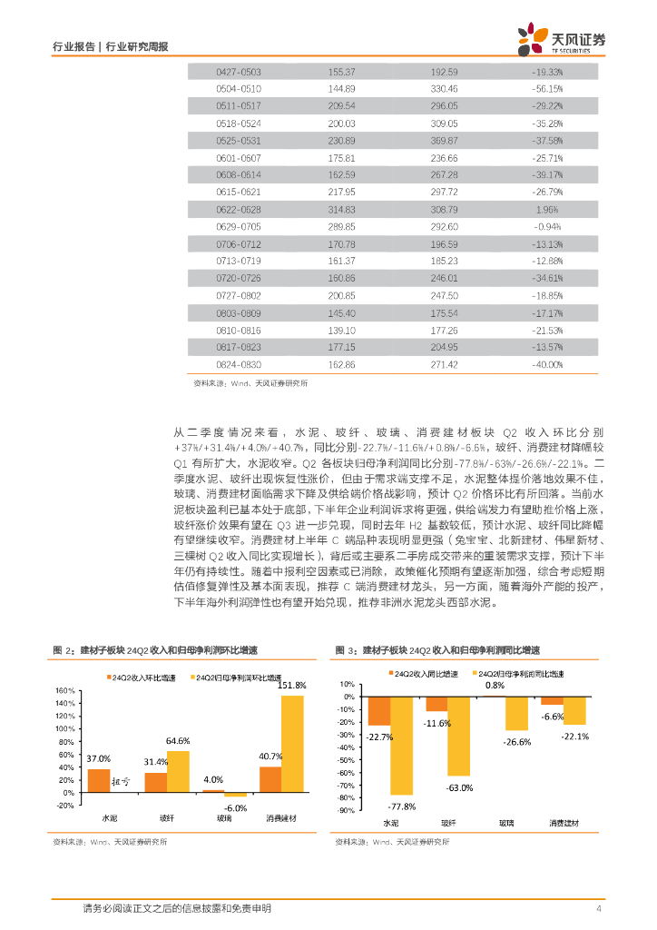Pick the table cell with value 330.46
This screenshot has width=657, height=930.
click(444, 88)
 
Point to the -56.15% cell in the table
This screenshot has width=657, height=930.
click(546, 88)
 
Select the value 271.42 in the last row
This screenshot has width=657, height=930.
click(444, 363)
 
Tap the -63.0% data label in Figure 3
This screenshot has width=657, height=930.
click(459, 787)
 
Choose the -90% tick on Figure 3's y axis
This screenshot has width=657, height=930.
click(347, 810)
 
